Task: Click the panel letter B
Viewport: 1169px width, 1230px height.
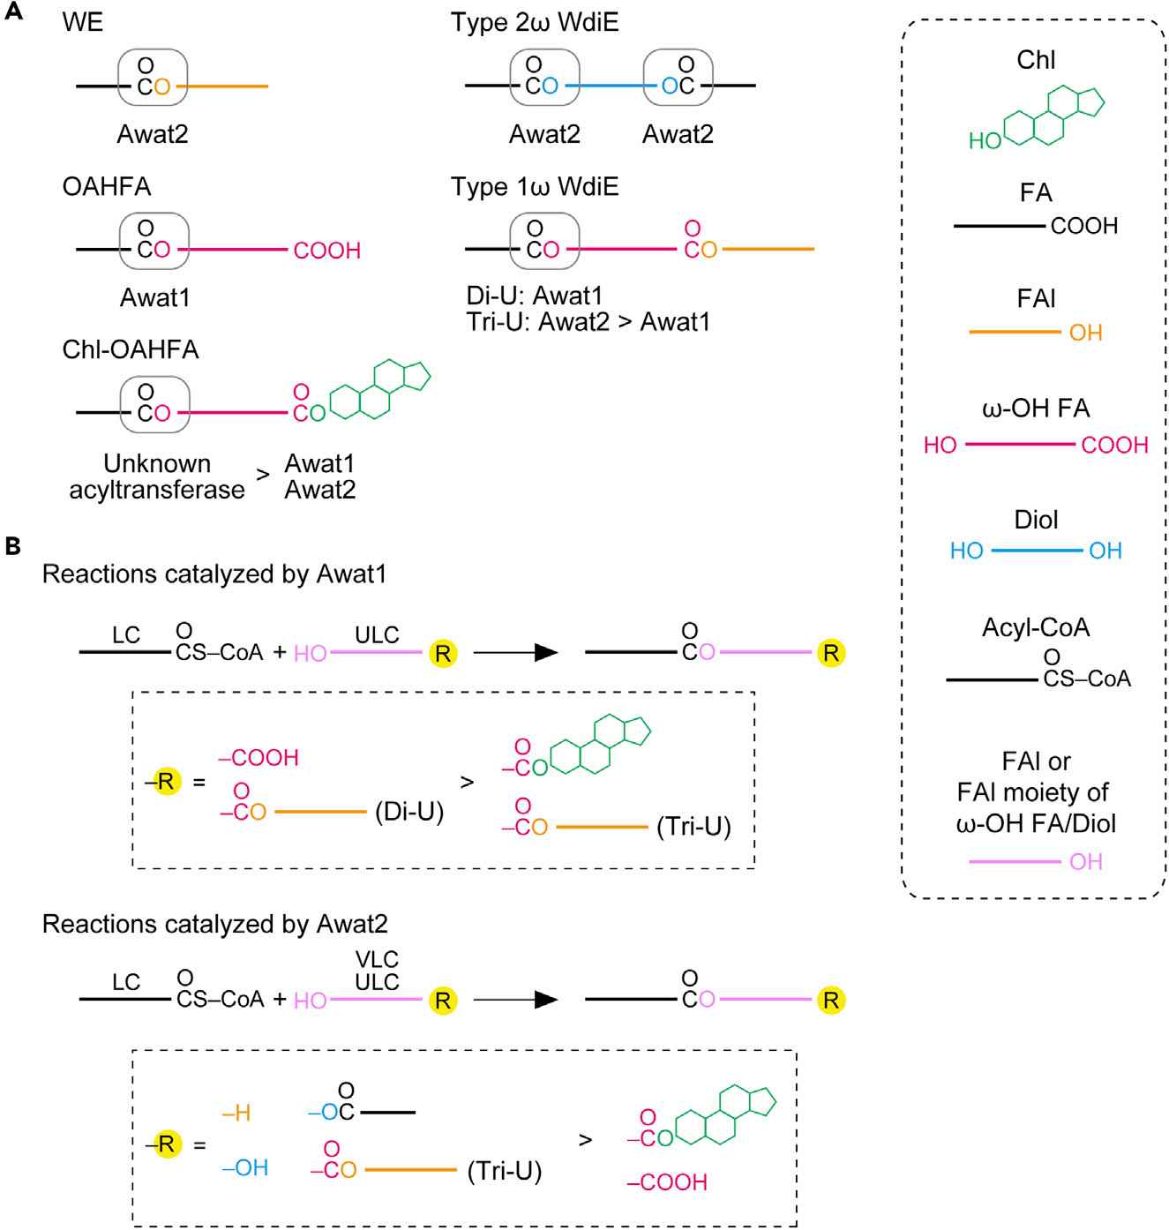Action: pyautogui.click(x=12, y=547)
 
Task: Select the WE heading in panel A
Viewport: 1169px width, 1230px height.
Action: pyautogui.click(x=83, y=23)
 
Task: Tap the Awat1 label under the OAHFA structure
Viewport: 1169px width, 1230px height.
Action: pyautogui.click(x=154, y=298)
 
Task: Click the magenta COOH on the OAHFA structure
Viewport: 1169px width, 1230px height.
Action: pyautogui.click(x=326, y=251)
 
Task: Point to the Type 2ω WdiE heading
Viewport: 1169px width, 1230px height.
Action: pyautogui.click(x=535, y=23)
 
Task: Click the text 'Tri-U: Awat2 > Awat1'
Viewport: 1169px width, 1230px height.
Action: pyautogui.click(x=588, y=322)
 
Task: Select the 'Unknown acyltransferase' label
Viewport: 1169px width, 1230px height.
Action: pyautogui.click(x=157, y=476)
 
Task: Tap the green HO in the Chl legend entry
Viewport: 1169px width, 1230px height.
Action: pyautogui.click(x=985, y=141)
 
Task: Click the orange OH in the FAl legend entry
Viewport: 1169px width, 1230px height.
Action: pyautogui.click(x=1086, y=333)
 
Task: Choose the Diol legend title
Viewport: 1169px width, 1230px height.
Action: pyautogui.click(x=1036, y=520)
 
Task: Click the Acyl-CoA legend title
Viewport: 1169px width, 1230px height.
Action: pyautogui.click(x=1036, y=627)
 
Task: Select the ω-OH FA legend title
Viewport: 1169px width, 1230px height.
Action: pyautogui.click(x=1036, y=409)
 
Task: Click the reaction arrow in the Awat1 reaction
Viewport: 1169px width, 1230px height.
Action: pyautogui.click(x=516, y=653)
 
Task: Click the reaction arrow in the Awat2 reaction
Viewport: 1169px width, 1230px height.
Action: pyautogui.click(x=516, y=1000)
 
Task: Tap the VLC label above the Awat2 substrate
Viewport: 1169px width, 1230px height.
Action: pyautogui.click(x=377, y=959)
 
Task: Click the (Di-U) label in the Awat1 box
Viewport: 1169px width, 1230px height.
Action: pyautogui.click(x=409, y=812)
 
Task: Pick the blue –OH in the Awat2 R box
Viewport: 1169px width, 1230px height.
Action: pyautogui.click(x=245, y=1168)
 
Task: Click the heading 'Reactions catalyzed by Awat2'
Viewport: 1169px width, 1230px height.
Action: pyautogui.click(x=215, y=924)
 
